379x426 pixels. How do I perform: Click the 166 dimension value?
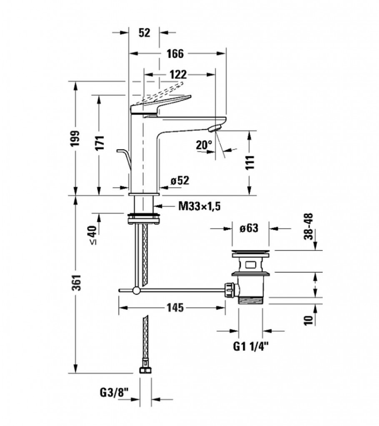tap(175, 54)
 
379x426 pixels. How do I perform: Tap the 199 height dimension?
tap(75, 137)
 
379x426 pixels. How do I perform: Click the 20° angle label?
tap(204, 145)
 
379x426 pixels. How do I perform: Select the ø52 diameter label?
tap(180, 180)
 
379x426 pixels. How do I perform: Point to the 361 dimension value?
tap(75, 283)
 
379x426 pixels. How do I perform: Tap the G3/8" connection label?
tap(114, 392)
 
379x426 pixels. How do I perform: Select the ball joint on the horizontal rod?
tap(137, 290)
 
